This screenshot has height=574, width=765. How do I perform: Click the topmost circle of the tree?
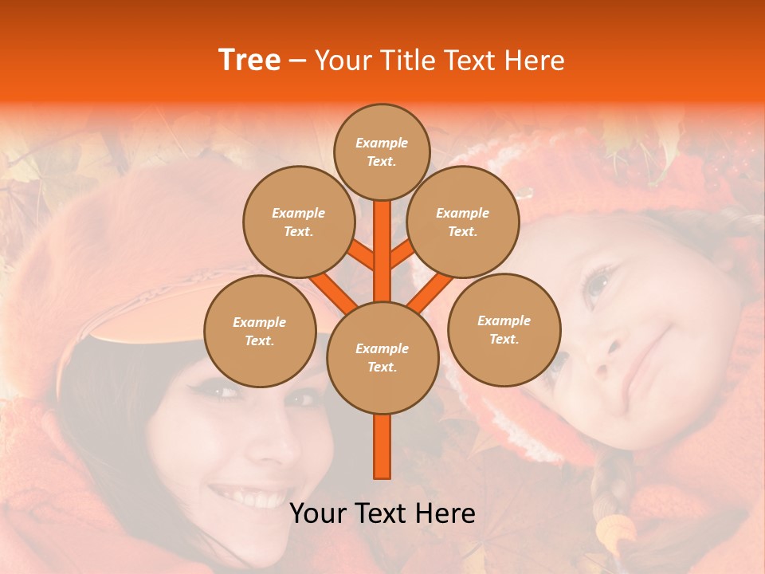coord(382,151)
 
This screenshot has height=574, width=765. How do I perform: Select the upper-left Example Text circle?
coord(298,222)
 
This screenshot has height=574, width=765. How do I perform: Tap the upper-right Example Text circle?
coord(462,222)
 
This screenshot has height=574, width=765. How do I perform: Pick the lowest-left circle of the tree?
coord(260,331)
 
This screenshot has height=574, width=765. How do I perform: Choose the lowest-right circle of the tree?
coord(504,329)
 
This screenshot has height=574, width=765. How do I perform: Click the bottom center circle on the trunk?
coord(382,357)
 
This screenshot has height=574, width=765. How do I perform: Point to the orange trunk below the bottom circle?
coord(382,446)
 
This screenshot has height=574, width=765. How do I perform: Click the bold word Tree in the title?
coord(249,60)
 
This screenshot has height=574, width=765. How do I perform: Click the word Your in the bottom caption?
coord(317,513)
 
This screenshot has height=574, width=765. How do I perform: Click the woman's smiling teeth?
coord(243,497)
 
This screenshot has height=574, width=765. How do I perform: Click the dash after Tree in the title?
coord(297,61)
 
